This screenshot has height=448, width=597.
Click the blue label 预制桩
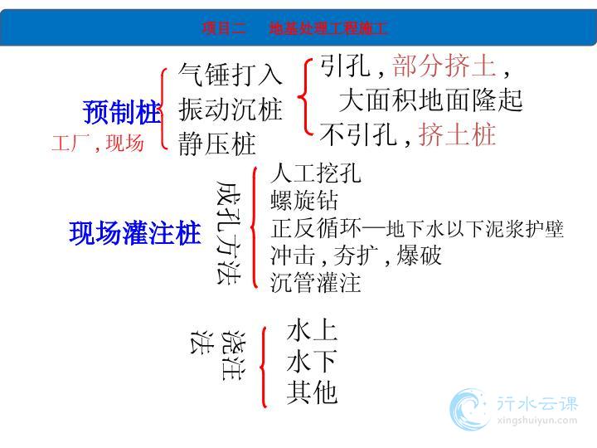coord(121,112)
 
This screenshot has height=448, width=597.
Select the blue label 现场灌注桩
coord(135,233)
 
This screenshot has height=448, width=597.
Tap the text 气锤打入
coord(231,75)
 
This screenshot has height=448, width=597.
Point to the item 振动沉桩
coord(231,110)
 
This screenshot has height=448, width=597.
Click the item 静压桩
coord(217,144)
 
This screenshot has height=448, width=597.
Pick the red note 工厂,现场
coord(98,143)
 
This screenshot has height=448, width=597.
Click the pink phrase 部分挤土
coord(444,66)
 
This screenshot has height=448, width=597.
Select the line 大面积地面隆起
coord(430,100)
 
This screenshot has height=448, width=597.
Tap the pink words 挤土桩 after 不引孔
coord(457,134)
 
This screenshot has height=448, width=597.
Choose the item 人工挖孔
coord(316,173)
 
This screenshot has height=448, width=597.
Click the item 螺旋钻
coord(303,201)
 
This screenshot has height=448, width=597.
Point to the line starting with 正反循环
coord(416,228)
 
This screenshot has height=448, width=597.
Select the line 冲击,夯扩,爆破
coord(356,255)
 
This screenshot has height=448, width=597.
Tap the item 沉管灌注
coord(316,283)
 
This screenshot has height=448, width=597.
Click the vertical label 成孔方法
coord(229,232)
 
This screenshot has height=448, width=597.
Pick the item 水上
coord(312,330)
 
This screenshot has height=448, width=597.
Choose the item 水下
coord(312,361)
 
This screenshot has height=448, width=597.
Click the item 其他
coord(312,392)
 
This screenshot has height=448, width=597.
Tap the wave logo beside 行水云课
coord(469,409)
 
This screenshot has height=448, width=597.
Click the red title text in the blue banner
coord(294,28)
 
